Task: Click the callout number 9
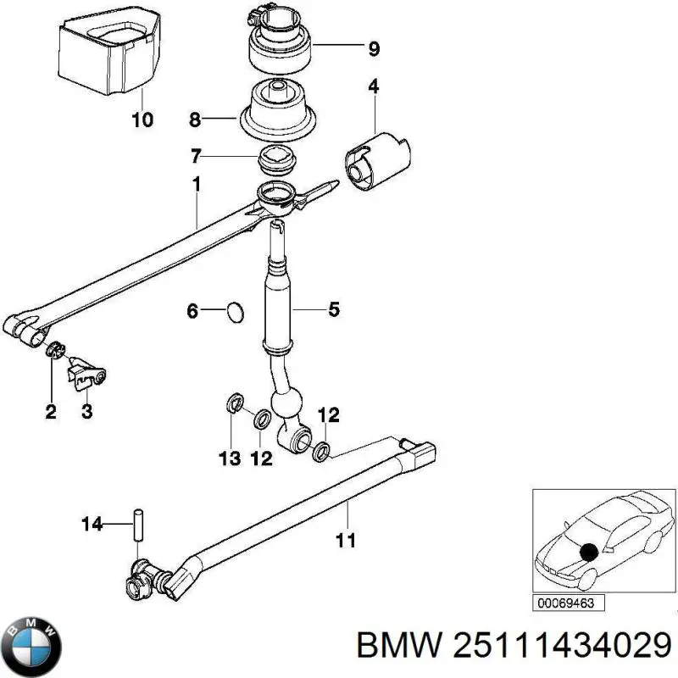pos(374,49)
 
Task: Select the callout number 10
pos(142,119)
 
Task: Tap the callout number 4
pos(373,86)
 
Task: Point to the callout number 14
pos(91,525)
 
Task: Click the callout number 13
pos(230,458)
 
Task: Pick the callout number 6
pos(192,312)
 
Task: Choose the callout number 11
pos(346,539)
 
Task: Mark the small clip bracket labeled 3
pos(88,374)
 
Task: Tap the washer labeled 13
pos(233,404)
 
